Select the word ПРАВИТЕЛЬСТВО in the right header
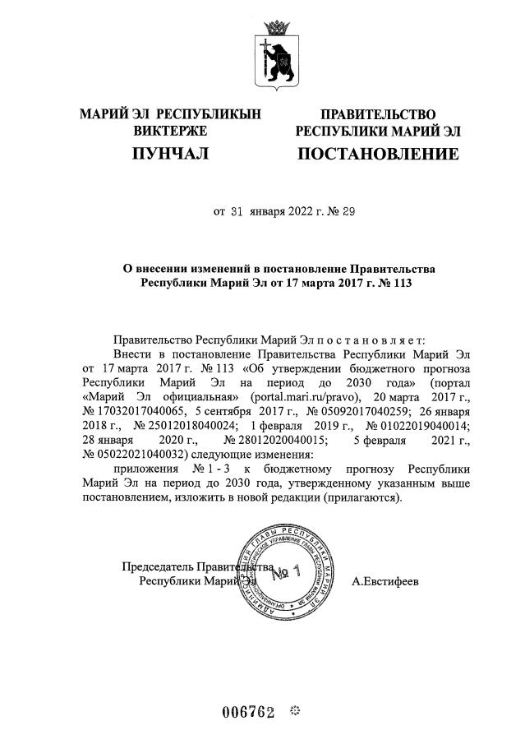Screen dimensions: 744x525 pos(378,114)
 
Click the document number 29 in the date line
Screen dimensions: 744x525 pos(348,211)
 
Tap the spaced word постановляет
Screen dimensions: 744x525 pos(384,339)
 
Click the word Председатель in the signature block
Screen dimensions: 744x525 pos(158,566)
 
